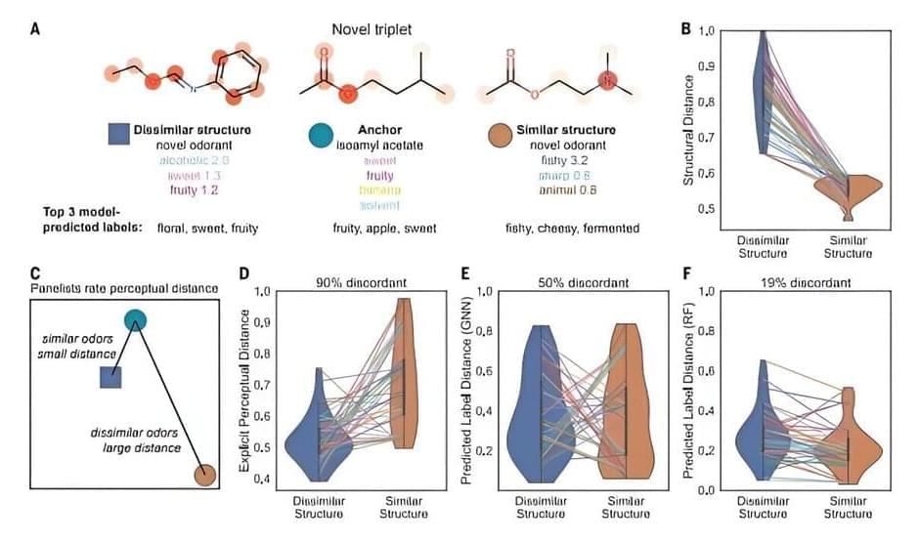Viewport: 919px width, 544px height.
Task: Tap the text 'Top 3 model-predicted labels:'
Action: click(93, 220)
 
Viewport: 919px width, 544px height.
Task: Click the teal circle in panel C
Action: click(136, 318)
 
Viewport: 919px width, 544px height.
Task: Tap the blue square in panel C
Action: click(110, 378)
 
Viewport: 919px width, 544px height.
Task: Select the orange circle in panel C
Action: click(204, 476)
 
